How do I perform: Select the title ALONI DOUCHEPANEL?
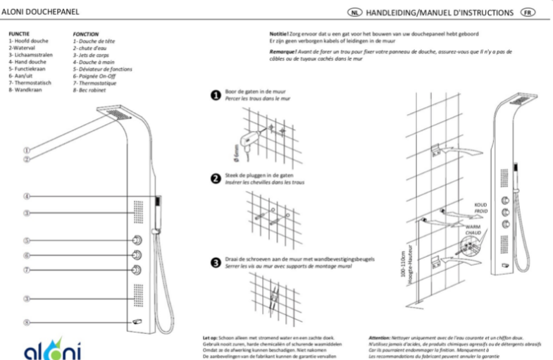[39, 13]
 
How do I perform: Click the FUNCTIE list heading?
[18, 34]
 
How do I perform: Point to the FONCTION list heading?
[85, 34]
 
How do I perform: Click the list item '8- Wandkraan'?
[25, 89]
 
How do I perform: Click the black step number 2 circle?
[217, 178]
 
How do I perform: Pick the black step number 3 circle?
[217, 262]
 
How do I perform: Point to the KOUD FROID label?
[480, 207]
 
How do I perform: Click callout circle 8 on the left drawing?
[26, 323]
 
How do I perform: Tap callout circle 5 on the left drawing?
[26, 240]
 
